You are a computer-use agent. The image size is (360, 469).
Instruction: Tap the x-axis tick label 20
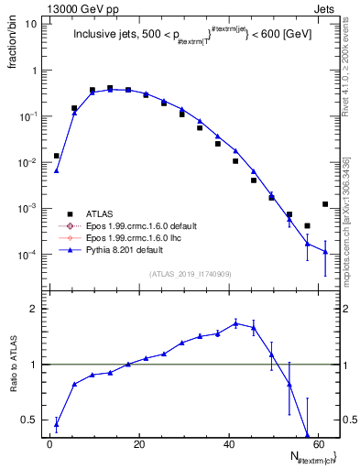pos(139,445)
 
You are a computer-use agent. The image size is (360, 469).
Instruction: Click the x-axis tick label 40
pos(228,445)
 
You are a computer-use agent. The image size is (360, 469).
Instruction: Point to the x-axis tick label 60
pos(317,445)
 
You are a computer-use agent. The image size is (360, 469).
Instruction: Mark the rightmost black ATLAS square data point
pos(325,204)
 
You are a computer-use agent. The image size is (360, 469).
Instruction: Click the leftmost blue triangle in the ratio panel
pos(57,423)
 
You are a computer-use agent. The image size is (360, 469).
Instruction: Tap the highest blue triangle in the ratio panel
pos(236,323)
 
